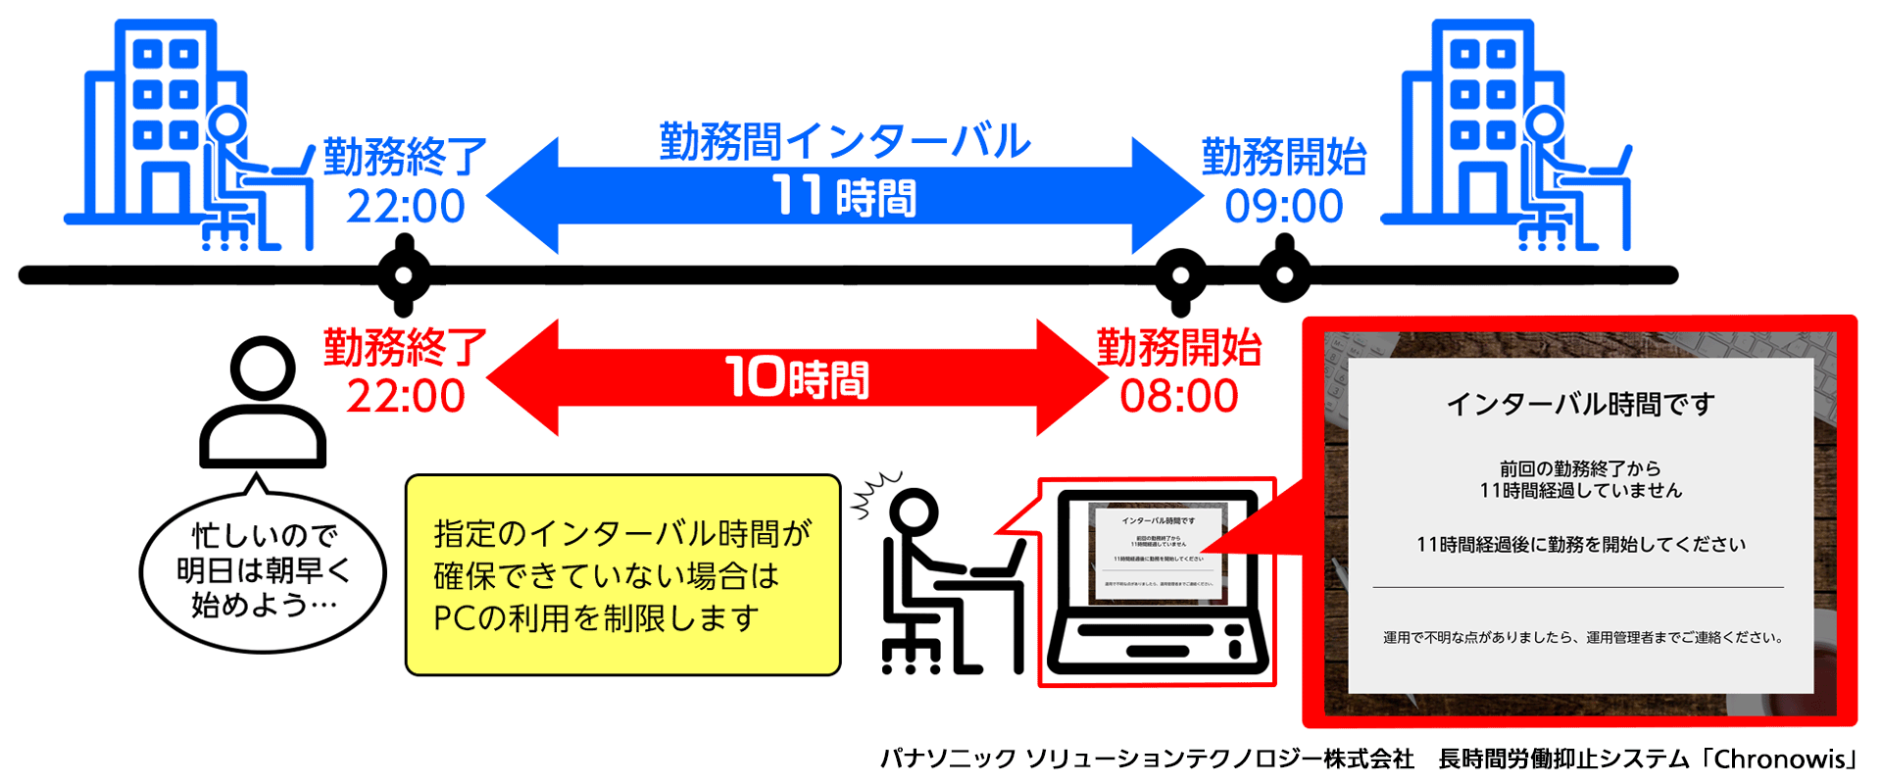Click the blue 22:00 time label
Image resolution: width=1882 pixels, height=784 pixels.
point(406,207)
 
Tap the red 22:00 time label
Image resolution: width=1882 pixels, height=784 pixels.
point(406,396)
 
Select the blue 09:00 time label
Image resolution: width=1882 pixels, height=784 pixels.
point(1284,207)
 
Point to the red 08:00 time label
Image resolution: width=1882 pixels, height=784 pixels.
point(1179,396)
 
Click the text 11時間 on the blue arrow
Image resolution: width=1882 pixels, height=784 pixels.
point(844,196)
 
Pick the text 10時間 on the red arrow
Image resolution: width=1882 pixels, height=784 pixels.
point(797,378)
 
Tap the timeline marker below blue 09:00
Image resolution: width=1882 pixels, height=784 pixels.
point(1284,275)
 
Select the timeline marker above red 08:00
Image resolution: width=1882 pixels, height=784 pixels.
point(1180,275)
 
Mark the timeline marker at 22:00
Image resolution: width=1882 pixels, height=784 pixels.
point(404,275)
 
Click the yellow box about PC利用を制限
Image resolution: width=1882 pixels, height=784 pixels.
point(623,575)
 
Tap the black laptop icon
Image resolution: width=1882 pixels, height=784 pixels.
point(1157,582)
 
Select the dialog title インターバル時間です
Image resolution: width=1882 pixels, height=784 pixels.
point(1580,404)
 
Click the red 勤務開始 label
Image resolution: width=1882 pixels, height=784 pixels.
point(1179,348)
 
